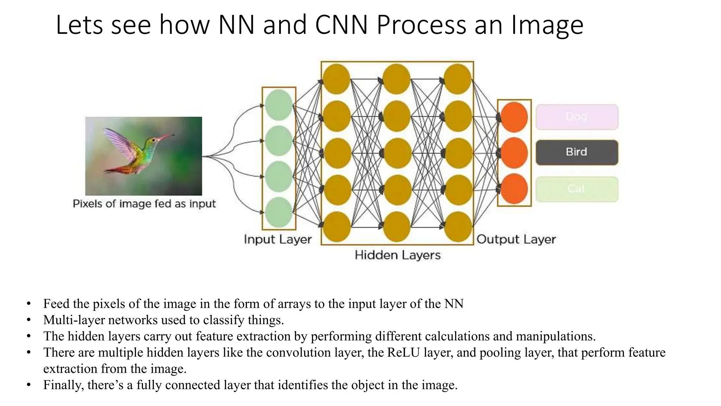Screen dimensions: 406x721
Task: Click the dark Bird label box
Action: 577,152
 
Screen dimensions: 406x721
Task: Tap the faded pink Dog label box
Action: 577,117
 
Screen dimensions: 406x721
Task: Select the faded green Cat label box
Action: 577,189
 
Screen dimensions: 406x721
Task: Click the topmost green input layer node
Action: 279,105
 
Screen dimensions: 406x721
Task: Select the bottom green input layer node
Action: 279,212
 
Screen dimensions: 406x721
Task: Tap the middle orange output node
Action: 514,153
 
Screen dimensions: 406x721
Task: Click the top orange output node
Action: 514,117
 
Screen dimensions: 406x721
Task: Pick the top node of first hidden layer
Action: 337,79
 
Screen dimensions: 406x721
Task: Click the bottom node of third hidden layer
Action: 458,227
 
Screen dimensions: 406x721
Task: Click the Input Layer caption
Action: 278,239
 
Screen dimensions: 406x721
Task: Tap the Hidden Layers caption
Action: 397,255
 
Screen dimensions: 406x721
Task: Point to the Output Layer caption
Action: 516,239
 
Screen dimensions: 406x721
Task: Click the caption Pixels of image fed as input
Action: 144,204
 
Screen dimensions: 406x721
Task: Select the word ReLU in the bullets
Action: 403,352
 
